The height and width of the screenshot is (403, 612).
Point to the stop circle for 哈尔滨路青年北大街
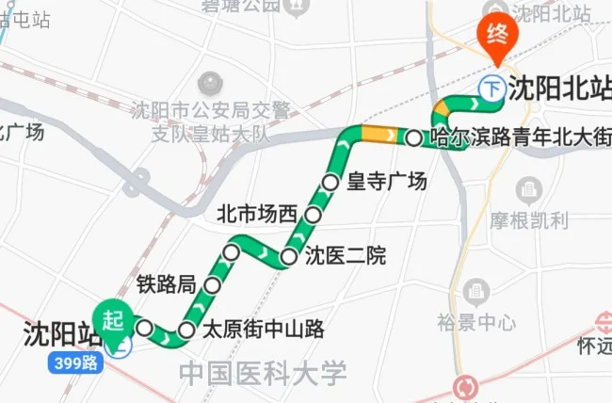coord(414,137)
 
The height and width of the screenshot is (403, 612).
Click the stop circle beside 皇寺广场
coord(330,182)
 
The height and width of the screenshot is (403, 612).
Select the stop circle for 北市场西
coord(314,216)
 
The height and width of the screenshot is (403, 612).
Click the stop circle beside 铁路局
coord(214,284)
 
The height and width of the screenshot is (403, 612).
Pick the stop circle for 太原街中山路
coord(186,330)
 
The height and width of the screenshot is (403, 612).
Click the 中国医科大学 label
coord(263,373)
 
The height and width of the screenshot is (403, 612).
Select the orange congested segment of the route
coord(378,135)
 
